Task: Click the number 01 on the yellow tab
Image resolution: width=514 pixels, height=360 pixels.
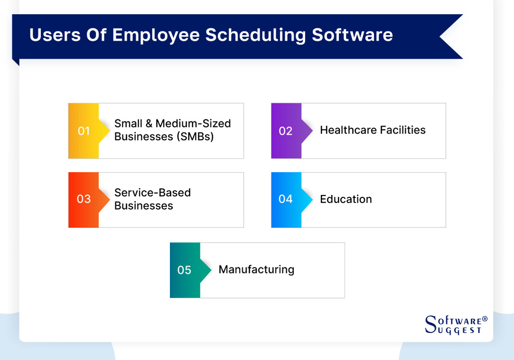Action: pos(84,131)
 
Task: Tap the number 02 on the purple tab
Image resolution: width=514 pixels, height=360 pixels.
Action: pos(286,131)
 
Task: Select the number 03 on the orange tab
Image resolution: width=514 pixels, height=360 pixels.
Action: pos(84,199)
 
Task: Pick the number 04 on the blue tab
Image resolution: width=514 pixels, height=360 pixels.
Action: pos(286,199)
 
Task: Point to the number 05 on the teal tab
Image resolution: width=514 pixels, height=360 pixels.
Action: pos(184,270)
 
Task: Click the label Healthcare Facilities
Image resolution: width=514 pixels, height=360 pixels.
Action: pos(373,130)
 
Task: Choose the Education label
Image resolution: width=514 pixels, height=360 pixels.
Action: pos(346,199)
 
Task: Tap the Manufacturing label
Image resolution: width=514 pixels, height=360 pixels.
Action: pos(256,270)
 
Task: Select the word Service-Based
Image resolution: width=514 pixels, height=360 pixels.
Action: pos(152,193)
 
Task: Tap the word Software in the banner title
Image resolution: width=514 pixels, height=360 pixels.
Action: pos(352,36)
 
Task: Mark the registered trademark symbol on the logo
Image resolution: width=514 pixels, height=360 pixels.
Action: pos(485,319)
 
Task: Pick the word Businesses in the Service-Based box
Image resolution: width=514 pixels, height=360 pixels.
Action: pos(144,206)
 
